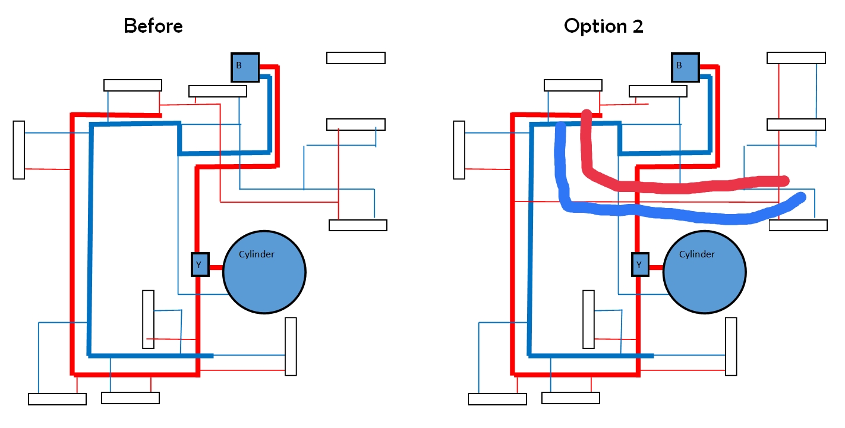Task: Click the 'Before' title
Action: [153, 26]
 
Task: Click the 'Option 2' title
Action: [603, 26]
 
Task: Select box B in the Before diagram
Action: [245, 67]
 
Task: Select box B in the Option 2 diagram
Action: [685, 67]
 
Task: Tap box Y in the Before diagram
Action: [200, 265]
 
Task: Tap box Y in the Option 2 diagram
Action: [640, 265]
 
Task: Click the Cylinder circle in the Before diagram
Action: [264, 279]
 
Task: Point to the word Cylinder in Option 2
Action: [697, 254]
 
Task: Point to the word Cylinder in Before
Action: [257, 254]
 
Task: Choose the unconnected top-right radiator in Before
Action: [356, 58]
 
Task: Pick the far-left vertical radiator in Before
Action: [19, 149]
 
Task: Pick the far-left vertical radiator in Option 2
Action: [459, 149]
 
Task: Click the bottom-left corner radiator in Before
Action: [57, 399]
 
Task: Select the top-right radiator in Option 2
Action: [796, 58]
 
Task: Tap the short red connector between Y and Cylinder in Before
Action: [216, 267]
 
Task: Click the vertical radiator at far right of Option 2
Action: [731, 347]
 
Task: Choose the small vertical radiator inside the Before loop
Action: [148, 319]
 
